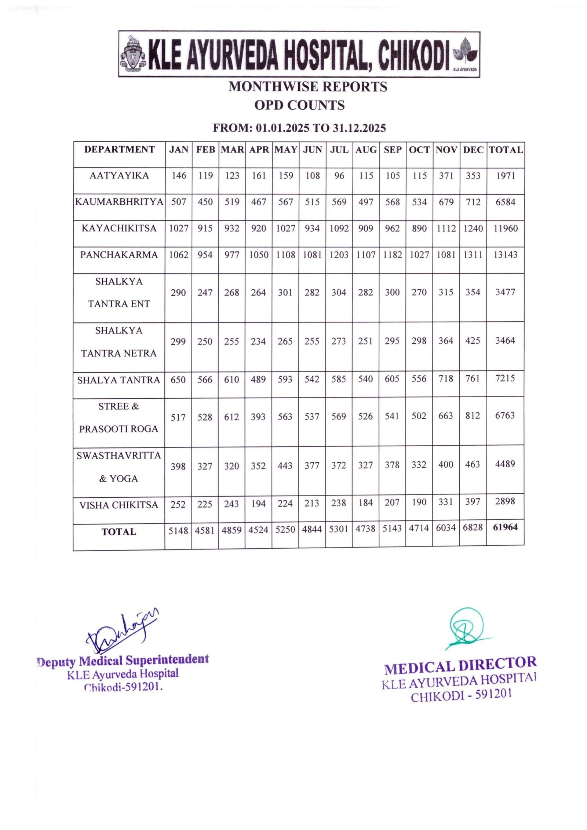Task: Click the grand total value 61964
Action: tap(505, 527)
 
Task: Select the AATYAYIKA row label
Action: tap(119, 175)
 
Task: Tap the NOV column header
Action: tap(446, 150)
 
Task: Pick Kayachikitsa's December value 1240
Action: tap(473, 228)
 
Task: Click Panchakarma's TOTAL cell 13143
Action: tap(505, 255)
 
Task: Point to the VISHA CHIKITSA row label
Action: tap(119, 505)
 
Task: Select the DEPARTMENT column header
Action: tap(119, 149)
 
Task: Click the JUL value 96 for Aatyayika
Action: tap(339, 176)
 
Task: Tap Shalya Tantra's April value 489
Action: tap(258, 379)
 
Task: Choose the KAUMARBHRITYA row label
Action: tap(119, 202)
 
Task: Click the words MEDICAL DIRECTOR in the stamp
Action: tap(460, 666)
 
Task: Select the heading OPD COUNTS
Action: tap(299, 105)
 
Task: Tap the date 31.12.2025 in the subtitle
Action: tap(359, 128)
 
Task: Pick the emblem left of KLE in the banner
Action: tap(133, 54)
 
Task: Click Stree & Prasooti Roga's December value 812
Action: tap(473, 416)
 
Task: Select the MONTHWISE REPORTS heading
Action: tap(307, 87)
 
